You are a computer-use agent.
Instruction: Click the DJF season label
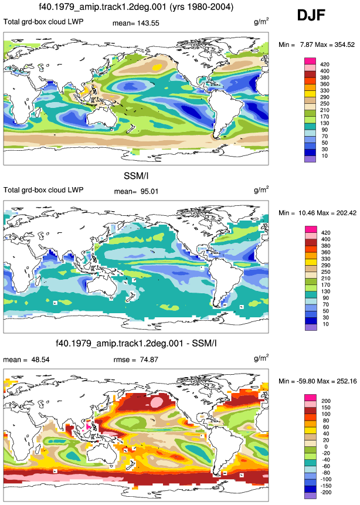tap(311, 15)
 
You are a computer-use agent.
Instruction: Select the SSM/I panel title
tap(136, 176)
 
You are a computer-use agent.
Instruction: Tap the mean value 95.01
tap(149, 191)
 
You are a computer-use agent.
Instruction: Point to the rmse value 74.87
tap(149, 360)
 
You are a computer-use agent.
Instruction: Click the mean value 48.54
tap(40, 360)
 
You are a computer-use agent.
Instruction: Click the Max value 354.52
tap(345, 45)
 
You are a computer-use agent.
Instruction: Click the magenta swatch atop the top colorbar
tap(310, 61)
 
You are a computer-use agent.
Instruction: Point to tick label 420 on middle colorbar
tap(325, 233)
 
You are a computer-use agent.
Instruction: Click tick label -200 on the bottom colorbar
tap(326, 492)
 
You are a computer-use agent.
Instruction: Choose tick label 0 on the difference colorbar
tap(326, 447)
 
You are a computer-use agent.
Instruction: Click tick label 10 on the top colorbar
tap(324, 156)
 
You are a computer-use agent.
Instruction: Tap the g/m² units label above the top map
tap(261, 22)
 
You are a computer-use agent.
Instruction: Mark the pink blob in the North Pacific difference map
tap(156, 402)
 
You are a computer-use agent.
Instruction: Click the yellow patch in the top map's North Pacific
tap(157, 67)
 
